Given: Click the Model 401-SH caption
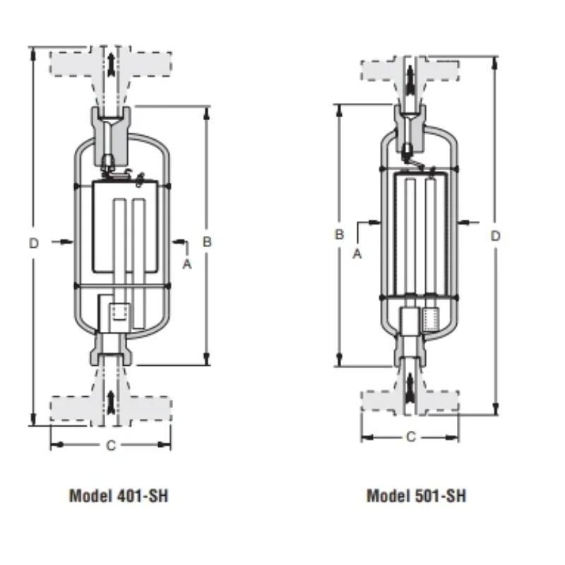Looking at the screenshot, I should pos(119,495).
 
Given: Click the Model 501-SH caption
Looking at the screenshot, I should pos(416,495).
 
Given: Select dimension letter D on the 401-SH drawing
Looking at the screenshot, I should pos(34,243).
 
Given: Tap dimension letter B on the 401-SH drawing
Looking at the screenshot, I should pos(207,242).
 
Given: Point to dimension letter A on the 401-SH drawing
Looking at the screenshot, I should pos(187,263).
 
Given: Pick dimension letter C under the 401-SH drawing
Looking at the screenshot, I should pos(110,445).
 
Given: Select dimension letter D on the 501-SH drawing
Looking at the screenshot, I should pos(495,234).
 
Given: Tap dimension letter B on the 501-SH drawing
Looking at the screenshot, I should pos(339,234).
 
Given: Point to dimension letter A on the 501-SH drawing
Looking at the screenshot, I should pos(357,254).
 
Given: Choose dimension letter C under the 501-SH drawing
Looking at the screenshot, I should pos(411,437).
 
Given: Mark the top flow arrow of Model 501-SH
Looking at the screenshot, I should pos(410,77).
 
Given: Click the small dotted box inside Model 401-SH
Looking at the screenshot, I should pos(119,312).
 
